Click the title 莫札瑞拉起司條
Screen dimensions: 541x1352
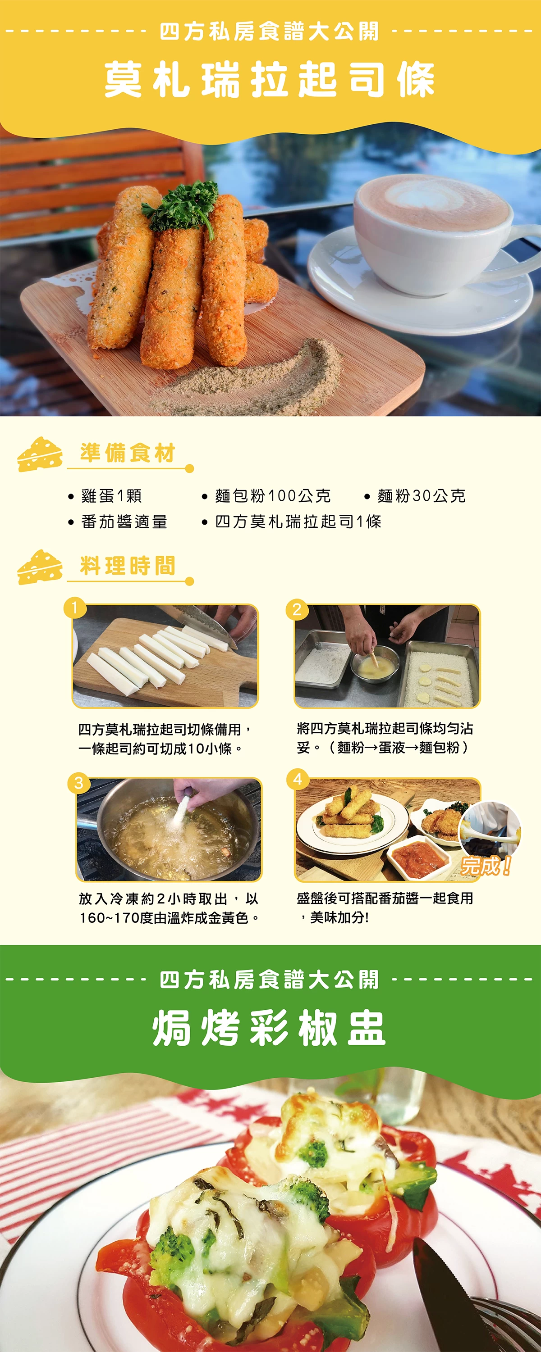click(270, 79)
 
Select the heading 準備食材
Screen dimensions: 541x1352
click(128, 453)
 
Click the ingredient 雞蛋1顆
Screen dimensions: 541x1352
click(111, 495)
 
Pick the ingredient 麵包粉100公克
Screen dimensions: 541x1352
click(273, 495)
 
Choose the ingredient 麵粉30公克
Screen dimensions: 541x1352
click(421, 495)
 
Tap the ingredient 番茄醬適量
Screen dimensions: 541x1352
click(124, 521)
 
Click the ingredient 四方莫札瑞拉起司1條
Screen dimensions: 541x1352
click(298, 521)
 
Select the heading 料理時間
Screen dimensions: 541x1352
click(128, 565)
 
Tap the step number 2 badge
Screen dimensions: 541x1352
click(297, 609)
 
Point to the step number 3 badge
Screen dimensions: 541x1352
click(78, 783)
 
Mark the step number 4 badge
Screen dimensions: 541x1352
click(297, 778)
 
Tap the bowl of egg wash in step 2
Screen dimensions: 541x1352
click(375, 663)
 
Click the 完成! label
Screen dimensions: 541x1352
click(486, 866)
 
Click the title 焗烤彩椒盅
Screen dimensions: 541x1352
click(270, 1027)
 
